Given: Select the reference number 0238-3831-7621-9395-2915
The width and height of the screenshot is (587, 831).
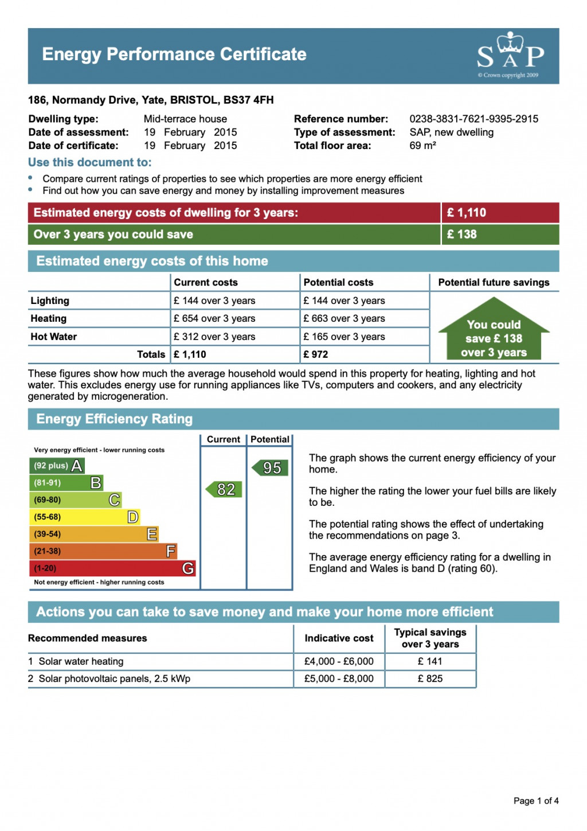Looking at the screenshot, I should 473,119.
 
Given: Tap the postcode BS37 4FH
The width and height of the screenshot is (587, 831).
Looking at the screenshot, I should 248,100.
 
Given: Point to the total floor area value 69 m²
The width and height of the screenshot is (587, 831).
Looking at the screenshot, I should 422,146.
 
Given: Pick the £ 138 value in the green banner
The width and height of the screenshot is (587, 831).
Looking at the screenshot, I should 461,234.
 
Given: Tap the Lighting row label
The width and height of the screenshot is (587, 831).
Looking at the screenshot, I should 50,301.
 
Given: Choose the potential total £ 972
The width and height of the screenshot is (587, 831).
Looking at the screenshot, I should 316,354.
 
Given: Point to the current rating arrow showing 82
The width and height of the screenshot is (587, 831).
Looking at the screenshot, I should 224,489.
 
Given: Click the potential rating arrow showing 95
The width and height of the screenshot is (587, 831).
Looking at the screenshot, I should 270,467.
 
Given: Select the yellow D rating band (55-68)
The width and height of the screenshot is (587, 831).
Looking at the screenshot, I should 84,517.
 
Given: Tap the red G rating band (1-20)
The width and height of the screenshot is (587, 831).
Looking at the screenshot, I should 112,568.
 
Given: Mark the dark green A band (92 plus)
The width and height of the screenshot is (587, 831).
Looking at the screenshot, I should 57,466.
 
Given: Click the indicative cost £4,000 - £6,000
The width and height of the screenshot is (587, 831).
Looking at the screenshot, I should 339,661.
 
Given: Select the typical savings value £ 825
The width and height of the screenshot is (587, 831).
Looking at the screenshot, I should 430,678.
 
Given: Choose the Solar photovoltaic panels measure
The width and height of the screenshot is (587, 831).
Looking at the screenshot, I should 114,678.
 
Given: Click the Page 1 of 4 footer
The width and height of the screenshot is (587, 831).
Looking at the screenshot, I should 536,801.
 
